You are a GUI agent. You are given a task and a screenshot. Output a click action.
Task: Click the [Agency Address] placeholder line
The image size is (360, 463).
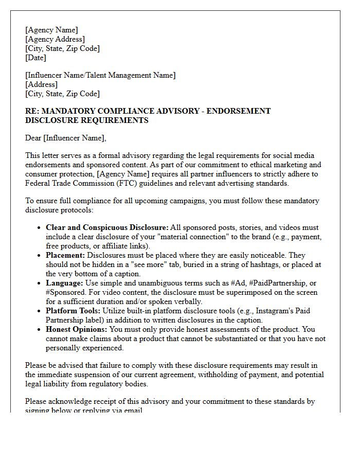coord(55,39)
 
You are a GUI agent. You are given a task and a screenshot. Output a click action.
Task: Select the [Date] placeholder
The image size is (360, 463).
coord(35,58)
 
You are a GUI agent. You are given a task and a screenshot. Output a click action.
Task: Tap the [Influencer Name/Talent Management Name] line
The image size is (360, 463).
coord(100,75)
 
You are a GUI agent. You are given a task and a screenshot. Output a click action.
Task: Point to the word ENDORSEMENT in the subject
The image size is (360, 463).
coord(239,111)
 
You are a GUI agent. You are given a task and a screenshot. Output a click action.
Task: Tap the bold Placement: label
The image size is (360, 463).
coord(66,255)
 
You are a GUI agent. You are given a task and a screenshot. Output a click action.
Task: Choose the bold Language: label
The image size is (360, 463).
coord(65,283)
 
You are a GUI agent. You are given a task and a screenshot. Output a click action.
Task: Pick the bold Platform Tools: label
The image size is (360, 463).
coord(73,311)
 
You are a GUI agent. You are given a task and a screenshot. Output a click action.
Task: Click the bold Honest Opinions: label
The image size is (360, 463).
coord(77,329)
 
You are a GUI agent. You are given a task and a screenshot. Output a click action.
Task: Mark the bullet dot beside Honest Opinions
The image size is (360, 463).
coord(40,330)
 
